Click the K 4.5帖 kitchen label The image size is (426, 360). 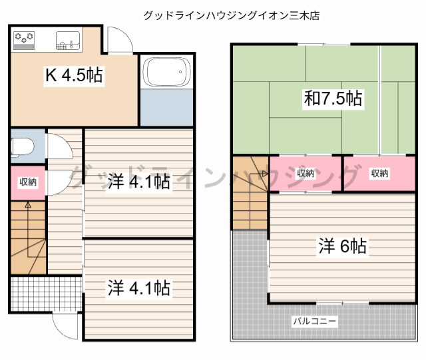(73, 76)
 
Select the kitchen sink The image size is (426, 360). (67, 40)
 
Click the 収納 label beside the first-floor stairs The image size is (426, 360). (28, 182)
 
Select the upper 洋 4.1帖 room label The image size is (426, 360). (138, 181)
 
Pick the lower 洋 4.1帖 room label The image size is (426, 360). (138, 288)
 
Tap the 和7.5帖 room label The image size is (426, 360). (333, 99)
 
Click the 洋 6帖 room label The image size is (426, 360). (342, 246)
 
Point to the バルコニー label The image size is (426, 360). (315, 321)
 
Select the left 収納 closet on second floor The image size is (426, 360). (306, 174)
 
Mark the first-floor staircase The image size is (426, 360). (29, 236)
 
